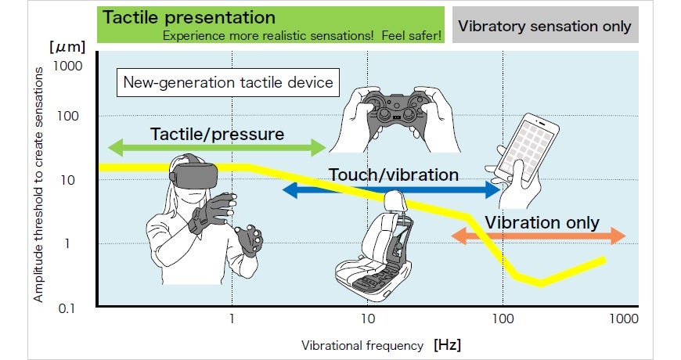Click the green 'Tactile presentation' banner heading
[189, 17]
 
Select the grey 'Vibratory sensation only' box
[545, 25]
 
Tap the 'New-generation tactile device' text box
[228, 82]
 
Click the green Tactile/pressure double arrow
[217, 148]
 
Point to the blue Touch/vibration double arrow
[391, 189]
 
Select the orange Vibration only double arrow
[539, 236]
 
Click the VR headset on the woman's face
[193, 175]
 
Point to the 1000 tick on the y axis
[68, 66]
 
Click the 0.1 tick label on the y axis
[67, 309]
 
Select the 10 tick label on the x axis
[368, 319]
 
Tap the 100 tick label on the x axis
[503, 319]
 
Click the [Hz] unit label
[447, 345]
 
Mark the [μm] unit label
[67, 46]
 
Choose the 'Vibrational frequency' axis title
[362, 346]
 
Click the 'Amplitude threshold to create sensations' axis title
[38, 185]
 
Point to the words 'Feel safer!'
[411, 36]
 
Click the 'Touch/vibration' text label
[394, 175]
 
